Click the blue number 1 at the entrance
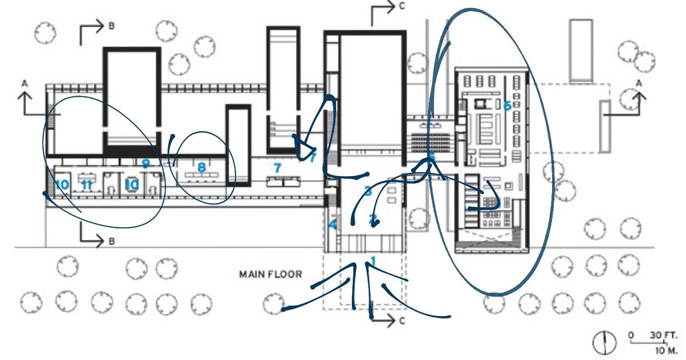click(373, 261)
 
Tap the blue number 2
click(373, 219)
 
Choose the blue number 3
click(368, 191)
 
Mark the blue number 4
click(333, 225)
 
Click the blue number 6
click(507, 105)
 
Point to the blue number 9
click(145, 162)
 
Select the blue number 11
click(86, 183)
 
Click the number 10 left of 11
click(62, 183)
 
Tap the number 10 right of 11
click(132, 183)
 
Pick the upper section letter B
click(111, 25)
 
